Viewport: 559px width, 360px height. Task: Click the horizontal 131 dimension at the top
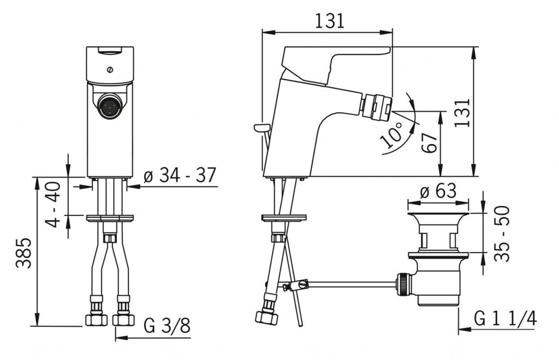coord(330,21)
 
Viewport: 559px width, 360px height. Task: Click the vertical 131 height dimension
coord(462,112)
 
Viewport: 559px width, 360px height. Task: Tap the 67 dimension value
coord(429,142)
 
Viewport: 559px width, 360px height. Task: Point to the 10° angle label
coord(391,135)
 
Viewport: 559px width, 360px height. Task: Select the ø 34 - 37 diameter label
coord(180,175)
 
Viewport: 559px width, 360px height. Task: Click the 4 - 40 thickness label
coord(53,205)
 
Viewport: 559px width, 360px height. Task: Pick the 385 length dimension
coord(23,253)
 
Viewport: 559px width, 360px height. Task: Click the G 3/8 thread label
coord(167,326)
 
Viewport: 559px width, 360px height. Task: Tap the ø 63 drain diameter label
coord(438,191)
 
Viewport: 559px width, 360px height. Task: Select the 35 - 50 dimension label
coord(502,233)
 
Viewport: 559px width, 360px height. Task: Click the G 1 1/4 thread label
coord(505,318)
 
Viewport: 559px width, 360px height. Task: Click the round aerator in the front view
coord(110,106)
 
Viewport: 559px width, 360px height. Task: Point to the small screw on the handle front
coord(110,70)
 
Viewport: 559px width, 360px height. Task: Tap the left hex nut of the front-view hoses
coord(96,320)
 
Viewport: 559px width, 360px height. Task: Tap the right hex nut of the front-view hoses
coord(123,320)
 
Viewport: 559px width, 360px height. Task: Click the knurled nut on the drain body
coord(403,284)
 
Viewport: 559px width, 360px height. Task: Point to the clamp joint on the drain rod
coord(296,286)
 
